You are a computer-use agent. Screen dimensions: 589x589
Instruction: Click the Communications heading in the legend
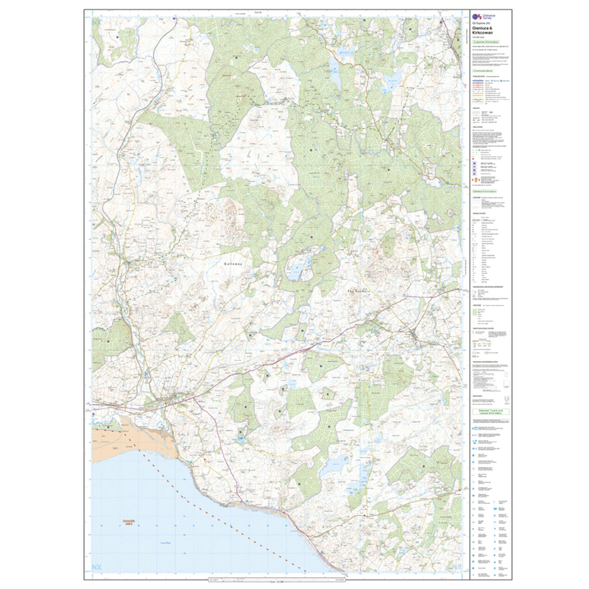(485, 71)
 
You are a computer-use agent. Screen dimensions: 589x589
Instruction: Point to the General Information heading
(485, 192)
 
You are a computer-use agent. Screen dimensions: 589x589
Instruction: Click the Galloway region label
(234, 263)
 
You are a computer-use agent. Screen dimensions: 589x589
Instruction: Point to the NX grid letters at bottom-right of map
(456, 568)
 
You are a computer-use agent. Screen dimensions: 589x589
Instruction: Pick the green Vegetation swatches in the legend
(475, 313)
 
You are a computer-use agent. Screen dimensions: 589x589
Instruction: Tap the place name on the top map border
(274, 12)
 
